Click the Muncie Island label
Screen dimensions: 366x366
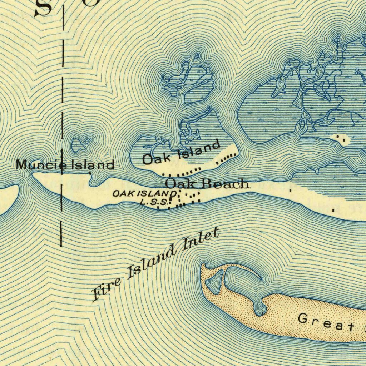click(x=65, y=165)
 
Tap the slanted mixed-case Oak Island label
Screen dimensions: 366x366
click(x=181, y=153)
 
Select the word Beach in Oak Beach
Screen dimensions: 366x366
click(x=225, y=184)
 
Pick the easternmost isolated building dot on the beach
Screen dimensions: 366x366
click(x=333, y=211)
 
